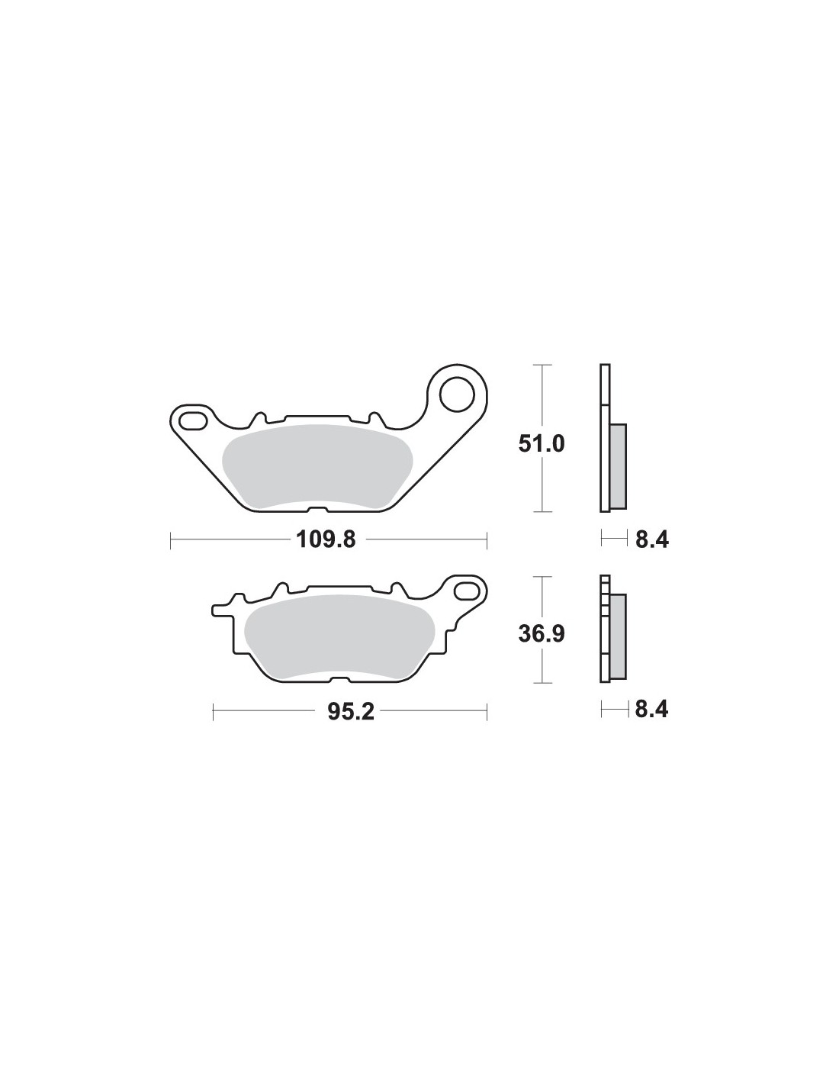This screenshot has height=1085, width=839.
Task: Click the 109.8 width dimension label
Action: tap(326, 539)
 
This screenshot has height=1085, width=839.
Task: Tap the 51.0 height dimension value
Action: tap(542, 444)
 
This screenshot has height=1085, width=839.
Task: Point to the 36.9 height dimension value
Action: tap(542, 634)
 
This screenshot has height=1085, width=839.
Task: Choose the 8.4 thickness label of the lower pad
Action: tap(652, 710)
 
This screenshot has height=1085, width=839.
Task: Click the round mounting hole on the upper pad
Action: tap(456, 394)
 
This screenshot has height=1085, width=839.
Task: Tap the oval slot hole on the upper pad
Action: tap(194, 420)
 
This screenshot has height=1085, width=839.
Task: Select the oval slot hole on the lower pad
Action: tap(468, 590)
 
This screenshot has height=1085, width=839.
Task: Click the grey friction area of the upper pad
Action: tap(317, 467)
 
